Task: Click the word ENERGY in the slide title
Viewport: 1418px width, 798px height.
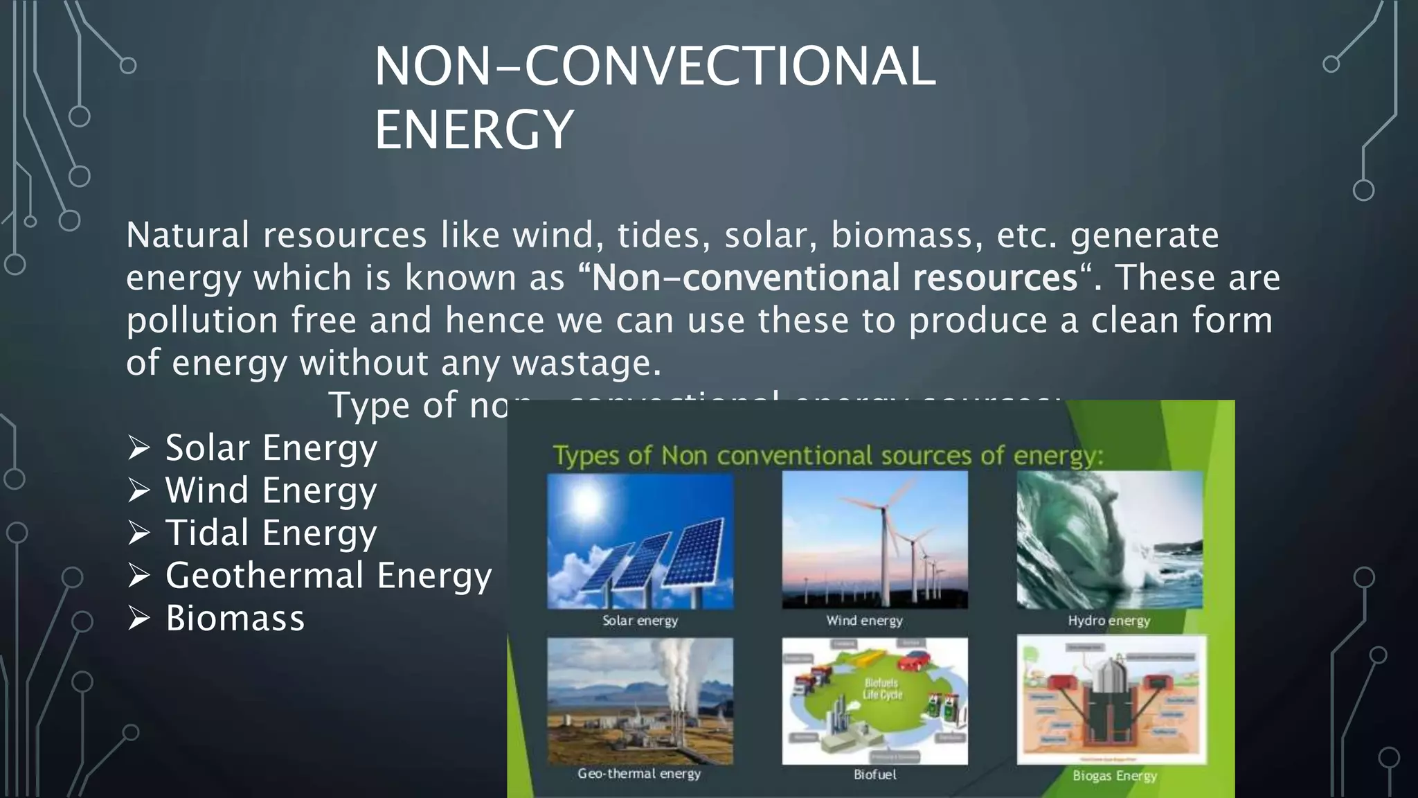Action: (x=474, y=130)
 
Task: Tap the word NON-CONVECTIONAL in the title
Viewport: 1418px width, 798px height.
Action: (x=654, y=66)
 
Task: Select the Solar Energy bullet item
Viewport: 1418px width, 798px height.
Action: (x=271, y=448)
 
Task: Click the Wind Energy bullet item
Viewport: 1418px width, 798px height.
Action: (x=271, y=490)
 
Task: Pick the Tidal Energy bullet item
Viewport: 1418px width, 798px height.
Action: (x=271, y=533)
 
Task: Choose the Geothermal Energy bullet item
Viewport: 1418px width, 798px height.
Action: (x=328, y=576)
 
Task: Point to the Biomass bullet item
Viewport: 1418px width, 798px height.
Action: (x=235, y=618)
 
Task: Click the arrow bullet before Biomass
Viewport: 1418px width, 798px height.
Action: (x=139, y=618)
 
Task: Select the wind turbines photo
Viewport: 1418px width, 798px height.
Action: (x=874, y=540)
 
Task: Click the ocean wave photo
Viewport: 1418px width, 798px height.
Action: (x=1109, y=540)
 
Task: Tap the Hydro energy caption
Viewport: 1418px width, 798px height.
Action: (x=1109, y=621)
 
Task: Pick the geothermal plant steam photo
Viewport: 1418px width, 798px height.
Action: (x=640, y=701)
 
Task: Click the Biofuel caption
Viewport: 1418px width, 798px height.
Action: (x=874, y=774)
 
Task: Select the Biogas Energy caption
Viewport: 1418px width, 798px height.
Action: (x=1114, y=776)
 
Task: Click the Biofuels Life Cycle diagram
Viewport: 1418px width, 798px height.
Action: (x=874, y=701)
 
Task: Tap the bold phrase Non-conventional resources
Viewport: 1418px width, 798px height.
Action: (x=834, y=278)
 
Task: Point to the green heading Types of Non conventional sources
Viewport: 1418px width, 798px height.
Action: (x=827, y=456)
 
